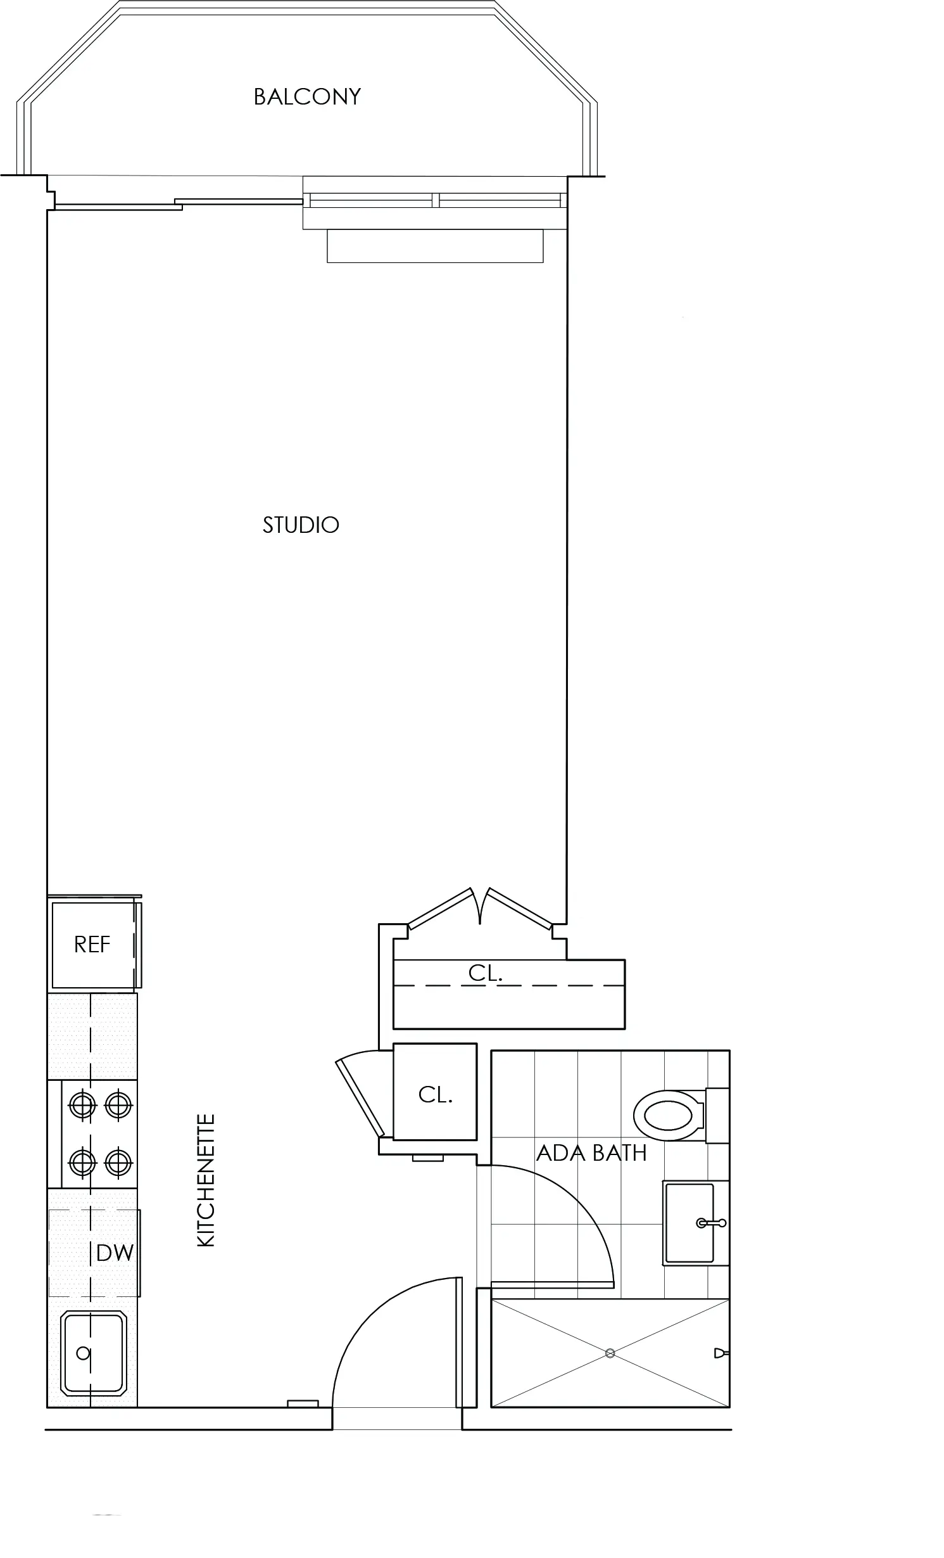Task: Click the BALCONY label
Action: (307, 97)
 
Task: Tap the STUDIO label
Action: (301, 525)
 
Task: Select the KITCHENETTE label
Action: (206, 1181)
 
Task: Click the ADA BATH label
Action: (591, 1153)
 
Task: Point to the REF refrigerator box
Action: (93, 945)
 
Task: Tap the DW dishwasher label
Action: (115, 1253)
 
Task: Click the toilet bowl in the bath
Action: (669, 1116)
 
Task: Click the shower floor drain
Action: (610, 1353)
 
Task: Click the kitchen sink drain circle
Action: (83, 1354)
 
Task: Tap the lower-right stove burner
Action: (118, 1163)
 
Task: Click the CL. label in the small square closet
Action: (436, 1095)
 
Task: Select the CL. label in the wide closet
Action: (486, 973)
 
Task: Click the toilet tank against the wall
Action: (717, 1116)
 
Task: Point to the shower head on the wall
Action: (721, 1353)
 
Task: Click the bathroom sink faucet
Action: (711, 1223)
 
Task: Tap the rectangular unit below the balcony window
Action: (435, 246)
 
